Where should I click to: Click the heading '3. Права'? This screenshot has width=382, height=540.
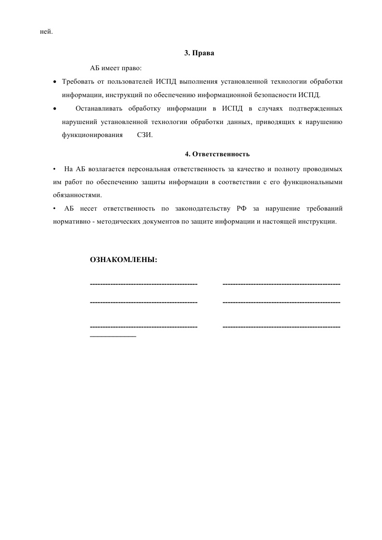(199, 53)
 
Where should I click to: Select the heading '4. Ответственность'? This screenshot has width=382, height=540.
(217, 154)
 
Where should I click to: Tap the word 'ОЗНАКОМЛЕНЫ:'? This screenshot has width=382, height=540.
(124, 260)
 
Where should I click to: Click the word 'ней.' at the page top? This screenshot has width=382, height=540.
(46, 32)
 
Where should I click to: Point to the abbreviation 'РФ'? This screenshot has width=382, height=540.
(242, 209)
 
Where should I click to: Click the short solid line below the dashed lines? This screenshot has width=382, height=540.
(113, 336)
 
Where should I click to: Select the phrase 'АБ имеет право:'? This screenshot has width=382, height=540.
(116, 68)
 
